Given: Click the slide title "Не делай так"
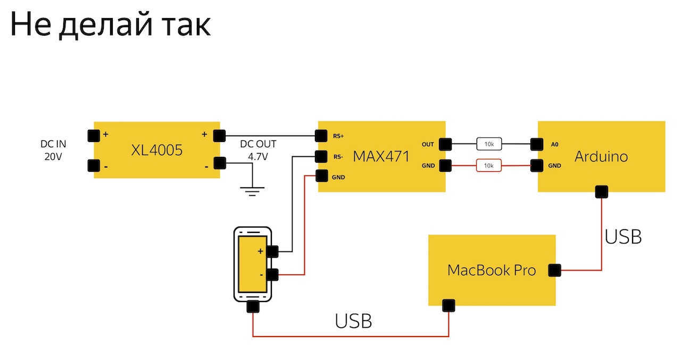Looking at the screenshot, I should point(110,25).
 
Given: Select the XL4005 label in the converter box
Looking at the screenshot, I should point(157,150).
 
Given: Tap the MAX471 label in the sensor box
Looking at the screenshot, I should point(381,156).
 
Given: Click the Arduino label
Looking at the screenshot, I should point(601,156).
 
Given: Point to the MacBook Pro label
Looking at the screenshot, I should point(492,270).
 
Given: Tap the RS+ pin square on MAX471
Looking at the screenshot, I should point(321,136).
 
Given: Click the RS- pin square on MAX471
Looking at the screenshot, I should point(321,156).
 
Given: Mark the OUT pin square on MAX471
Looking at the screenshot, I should point(445,144).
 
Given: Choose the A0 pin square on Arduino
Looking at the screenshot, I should point(537,144).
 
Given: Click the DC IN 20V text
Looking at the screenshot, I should point(54,150).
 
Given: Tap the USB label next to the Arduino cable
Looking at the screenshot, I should point(623,236).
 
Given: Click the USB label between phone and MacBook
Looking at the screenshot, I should point(353,321).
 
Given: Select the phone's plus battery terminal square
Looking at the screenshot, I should point(272,251).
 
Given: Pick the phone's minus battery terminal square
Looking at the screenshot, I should point(272,274).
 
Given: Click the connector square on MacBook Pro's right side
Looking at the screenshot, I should point(555,270).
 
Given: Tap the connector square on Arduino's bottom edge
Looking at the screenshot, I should point(602,191).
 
